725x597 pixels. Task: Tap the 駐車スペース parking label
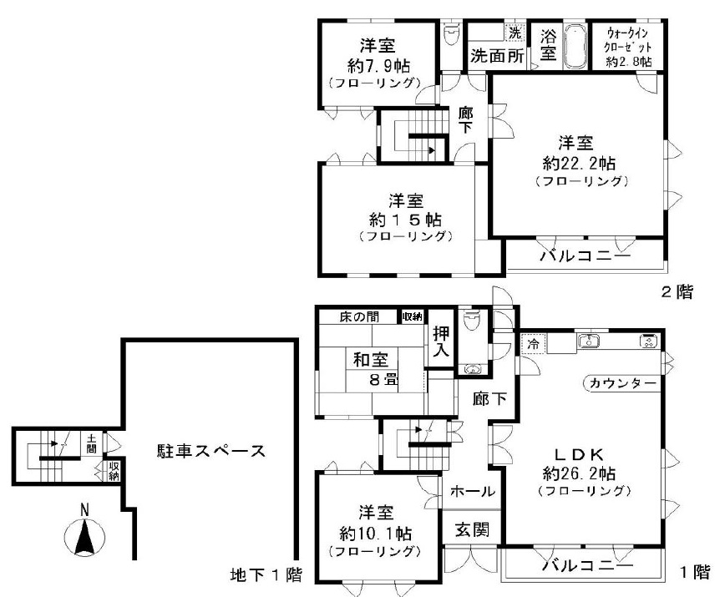(x=211, y=452)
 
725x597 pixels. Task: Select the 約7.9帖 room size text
(x=378, y=64)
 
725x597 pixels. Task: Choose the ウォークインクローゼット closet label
(x=629, y=48)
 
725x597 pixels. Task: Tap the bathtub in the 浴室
(x=575, y=48)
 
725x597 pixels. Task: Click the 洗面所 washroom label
(x=495, y=57)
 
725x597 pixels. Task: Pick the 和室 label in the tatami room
(x=369, y=361)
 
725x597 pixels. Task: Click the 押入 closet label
(x=440, y=342)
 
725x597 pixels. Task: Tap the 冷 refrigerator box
(x=532, y=342)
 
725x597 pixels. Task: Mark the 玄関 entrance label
(x=473, y=529)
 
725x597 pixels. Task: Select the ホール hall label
(x=473, y=492)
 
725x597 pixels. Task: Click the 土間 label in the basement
(x=90, y=442)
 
